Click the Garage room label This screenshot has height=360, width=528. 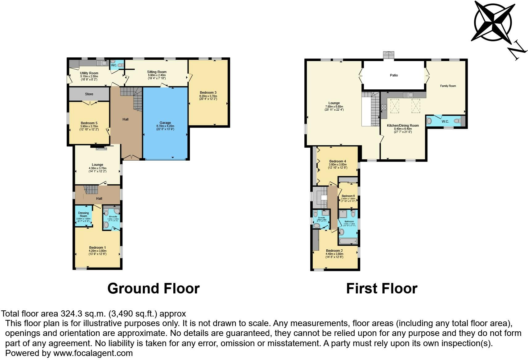pos(165,123)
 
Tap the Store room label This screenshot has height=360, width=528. pos(89,94)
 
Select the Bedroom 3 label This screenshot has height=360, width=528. pos(208,92)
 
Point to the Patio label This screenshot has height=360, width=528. pos(394,75)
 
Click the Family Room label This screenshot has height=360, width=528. pos(448,86)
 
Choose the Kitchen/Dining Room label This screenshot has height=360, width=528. pos(403,125)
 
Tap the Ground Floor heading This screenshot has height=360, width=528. pos(153,288)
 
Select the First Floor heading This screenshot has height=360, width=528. pos(382,288)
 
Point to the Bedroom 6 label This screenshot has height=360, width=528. pos(348,196)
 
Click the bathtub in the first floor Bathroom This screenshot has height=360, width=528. pos(348,241)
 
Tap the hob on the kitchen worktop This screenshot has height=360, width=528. pos(384,108)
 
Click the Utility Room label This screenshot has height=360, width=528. pos(89,73)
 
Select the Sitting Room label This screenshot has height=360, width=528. pos(157,72)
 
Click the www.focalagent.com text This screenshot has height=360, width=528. pos(93,353)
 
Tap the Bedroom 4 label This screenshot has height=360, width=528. pos(337,161)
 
